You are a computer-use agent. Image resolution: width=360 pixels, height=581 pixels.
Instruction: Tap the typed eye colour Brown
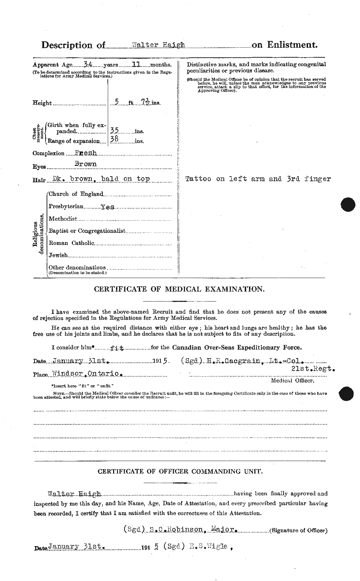tap(85, 164)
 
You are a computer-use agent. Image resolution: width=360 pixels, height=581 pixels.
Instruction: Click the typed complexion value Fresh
tap(86, 153)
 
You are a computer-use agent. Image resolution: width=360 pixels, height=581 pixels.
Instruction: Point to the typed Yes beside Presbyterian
tap(107, 206)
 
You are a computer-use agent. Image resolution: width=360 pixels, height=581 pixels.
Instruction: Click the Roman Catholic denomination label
tap(72, 243)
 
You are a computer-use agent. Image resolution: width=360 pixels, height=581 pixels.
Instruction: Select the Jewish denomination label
tap(58, 255)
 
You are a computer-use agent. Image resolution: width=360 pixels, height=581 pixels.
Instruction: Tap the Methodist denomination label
tap(63, 219)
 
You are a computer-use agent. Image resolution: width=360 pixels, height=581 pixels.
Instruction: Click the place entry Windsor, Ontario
tap(87, 374)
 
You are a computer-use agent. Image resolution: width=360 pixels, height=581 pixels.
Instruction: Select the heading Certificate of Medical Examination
tap(179, 289)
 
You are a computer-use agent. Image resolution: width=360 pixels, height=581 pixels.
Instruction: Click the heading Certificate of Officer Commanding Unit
tap(180, 471)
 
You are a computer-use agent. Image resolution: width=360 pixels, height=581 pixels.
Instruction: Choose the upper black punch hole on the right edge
tap(348, 205)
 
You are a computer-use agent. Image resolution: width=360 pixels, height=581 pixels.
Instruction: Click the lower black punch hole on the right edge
tap(347, 393)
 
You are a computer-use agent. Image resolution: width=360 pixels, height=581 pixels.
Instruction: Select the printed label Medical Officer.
tap(292, 380)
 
